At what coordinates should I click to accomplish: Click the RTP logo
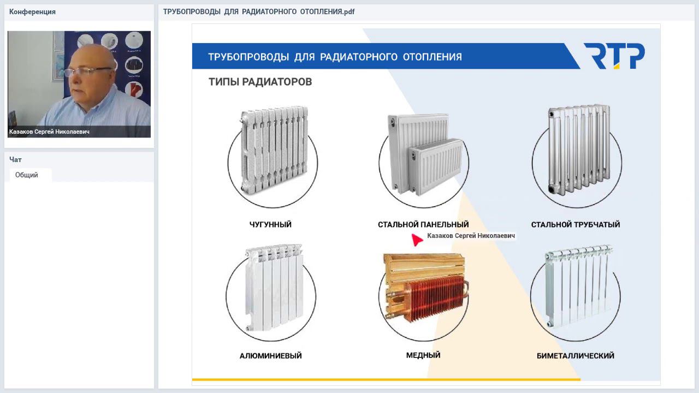click(614, 56)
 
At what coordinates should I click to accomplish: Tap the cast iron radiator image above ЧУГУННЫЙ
click(274, 150)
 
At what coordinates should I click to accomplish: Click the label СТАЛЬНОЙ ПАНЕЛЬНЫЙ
click(423, 224)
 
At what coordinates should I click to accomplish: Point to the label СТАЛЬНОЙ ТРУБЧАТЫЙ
click(576, 224)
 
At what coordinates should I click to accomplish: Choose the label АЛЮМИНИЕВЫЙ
click(270, 355)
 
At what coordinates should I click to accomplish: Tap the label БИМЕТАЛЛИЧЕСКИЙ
click(576, 355)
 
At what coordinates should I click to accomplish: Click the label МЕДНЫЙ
click(423, 355)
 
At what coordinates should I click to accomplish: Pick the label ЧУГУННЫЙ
click(270, 224)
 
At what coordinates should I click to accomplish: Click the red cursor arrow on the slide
click(417, 240)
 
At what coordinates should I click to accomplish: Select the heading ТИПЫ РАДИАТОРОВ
click(260, 82)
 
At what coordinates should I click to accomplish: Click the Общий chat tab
click(27, 175)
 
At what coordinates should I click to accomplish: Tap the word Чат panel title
click(15, 160)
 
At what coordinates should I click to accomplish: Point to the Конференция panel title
click(32, 12)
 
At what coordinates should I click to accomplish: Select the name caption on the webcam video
click(49, 132)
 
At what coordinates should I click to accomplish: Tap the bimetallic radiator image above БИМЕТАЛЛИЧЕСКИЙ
click(578, 285)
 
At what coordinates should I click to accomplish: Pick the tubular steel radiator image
click(579, 150)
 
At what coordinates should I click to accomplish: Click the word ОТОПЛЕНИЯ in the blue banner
click(432, 57)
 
